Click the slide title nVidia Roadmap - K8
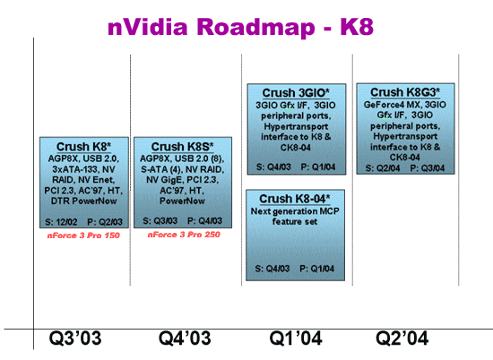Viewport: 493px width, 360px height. [240, 27]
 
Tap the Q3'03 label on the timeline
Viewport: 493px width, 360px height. [75, 339]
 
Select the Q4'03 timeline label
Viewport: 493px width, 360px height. [185, 339]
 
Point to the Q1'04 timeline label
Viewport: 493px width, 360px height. [296, 339]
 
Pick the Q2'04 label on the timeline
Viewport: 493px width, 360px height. [402, 339]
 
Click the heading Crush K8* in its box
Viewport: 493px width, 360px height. [83, 147]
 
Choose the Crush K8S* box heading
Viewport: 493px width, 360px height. [182, 147]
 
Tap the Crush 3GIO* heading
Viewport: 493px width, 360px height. [296, 93]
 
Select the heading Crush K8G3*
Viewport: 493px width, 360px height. [405, 92]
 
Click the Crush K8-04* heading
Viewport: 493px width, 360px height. [295, 199]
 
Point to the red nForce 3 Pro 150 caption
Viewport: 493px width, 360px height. [83, 236]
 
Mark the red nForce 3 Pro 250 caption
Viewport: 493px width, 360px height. [184, 235]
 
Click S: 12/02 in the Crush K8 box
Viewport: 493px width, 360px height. [61, 222]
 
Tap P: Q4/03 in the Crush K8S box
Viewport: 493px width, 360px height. [204, 221]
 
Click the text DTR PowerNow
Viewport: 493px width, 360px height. [83, 201]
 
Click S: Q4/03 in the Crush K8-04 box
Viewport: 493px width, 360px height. [272, 269]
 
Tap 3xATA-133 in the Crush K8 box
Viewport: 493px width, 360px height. [74, 169]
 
